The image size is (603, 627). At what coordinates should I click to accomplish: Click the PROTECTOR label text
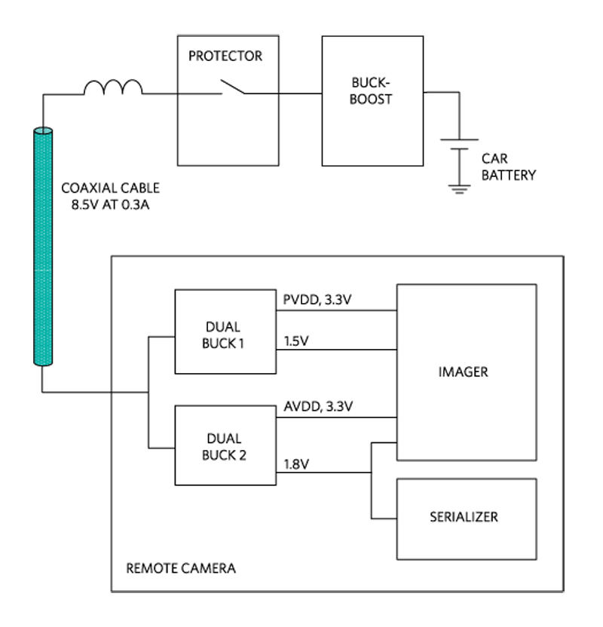pos(225,56)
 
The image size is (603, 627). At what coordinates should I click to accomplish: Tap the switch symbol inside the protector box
pos(233,87)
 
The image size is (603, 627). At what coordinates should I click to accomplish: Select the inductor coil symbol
pos(113,87)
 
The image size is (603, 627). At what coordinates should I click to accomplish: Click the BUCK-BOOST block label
pos(371,91)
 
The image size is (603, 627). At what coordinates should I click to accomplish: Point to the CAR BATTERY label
pos(509,167)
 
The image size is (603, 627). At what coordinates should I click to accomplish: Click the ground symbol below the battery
pos(459,189)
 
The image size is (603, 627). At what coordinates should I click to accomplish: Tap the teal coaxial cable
pos(43,246)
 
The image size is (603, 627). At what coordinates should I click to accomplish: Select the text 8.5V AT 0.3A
pos(110,205)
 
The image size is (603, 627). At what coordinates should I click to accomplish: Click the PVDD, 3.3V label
pos(317,300)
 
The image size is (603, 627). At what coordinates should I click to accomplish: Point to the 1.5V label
pos(296,341)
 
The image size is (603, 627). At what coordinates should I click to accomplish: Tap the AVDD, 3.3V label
pos(318,407)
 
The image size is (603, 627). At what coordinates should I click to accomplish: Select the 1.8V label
pos(296,464)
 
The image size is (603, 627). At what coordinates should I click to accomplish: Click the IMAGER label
pos(464,372)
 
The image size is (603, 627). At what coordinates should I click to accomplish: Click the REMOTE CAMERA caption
pos(181,568)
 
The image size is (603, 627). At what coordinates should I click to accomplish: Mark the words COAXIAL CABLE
pos(110,188)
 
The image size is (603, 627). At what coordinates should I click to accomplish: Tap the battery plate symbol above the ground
pos(460,145)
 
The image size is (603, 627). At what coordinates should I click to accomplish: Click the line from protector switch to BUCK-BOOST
pos(283,93)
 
